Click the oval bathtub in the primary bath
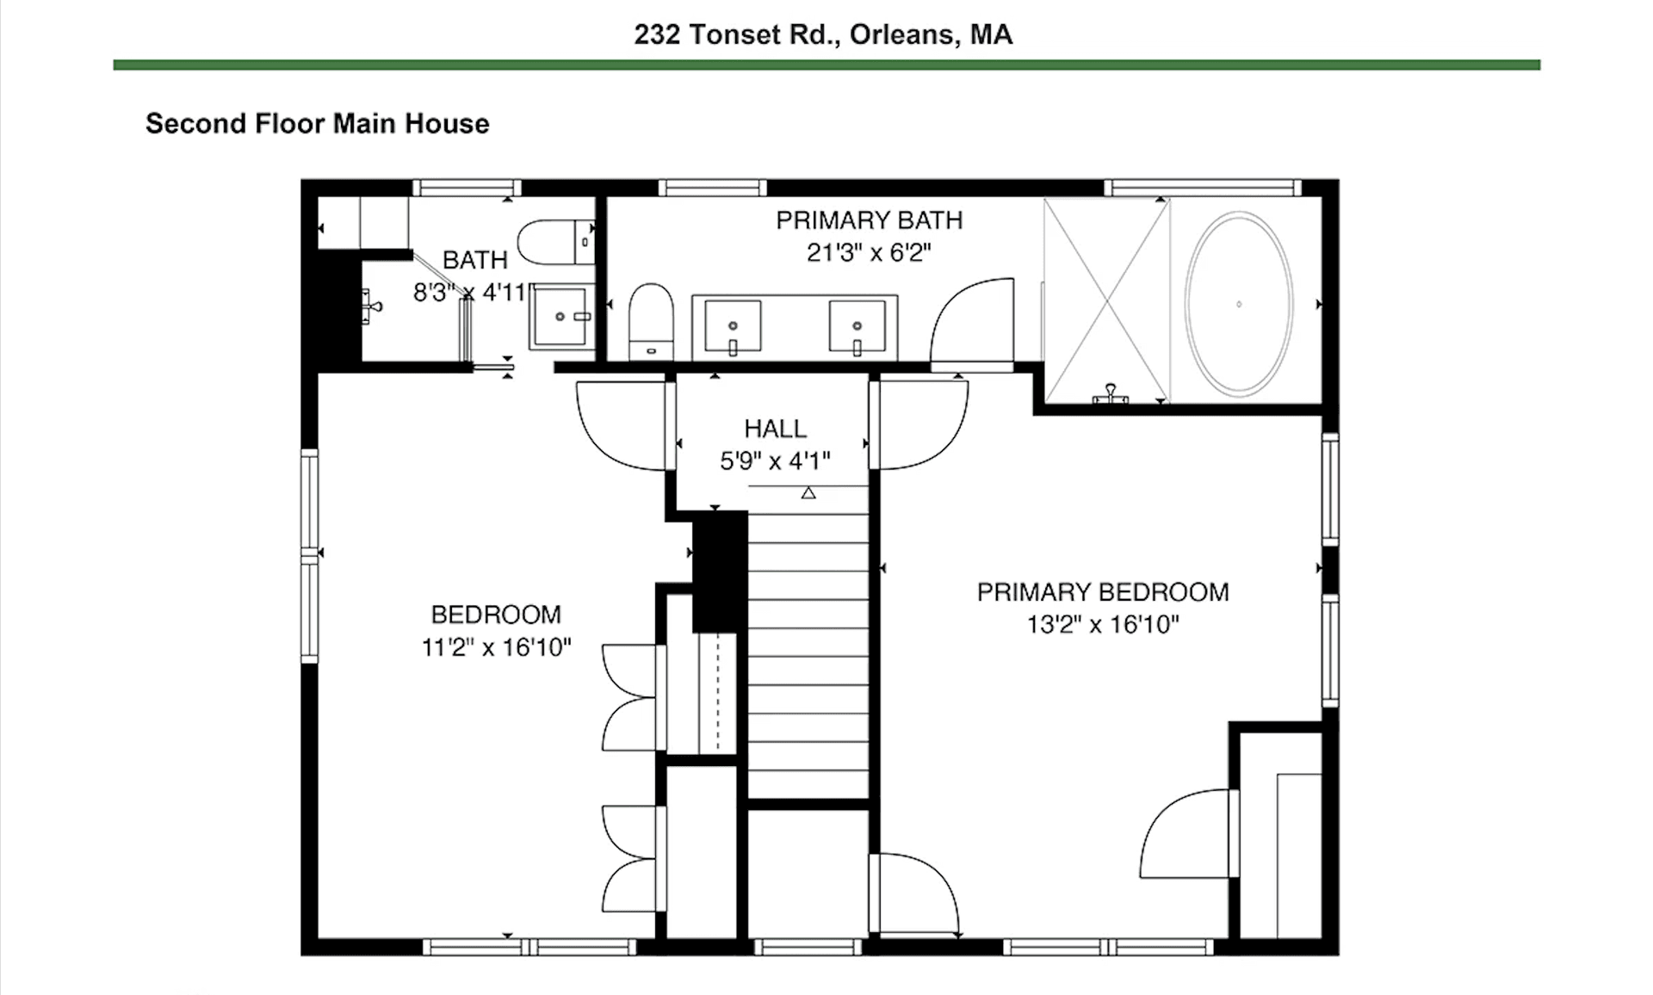1239,304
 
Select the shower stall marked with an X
1105,301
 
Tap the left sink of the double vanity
733,327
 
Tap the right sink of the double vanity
857,327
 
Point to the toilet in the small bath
555,242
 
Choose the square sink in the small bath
560,317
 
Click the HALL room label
775,429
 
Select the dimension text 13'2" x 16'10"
1103,625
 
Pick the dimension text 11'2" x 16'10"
496,647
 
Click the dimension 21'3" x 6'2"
869,253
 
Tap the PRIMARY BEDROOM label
1103,592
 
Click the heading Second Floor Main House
317,124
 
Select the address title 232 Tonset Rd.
823,34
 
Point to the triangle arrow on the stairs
808,493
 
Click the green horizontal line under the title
826,65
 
